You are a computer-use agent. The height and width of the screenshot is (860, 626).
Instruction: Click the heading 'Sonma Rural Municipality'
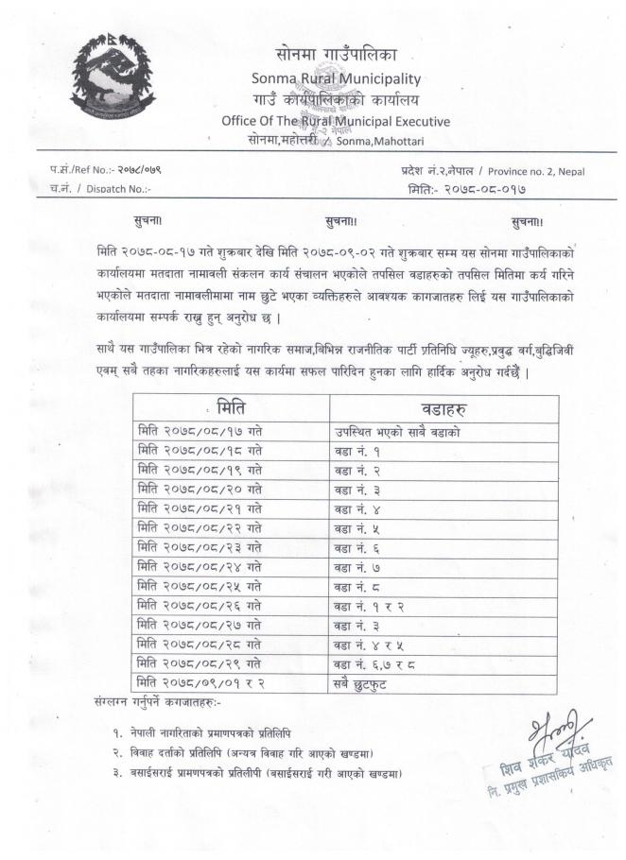coord(336,78)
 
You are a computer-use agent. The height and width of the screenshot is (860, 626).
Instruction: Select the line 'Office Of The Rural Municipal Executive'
coord(336,121)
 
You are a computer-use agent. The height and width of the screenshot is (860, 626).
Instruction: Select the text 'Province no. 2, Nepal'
coord(550,170)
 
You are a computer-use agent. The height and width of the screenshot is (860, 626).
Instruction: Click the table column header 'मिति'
coord(231,409)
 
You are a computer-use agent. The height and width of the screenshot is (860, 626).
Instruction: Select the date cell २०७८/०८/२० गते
coord(200,490)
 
